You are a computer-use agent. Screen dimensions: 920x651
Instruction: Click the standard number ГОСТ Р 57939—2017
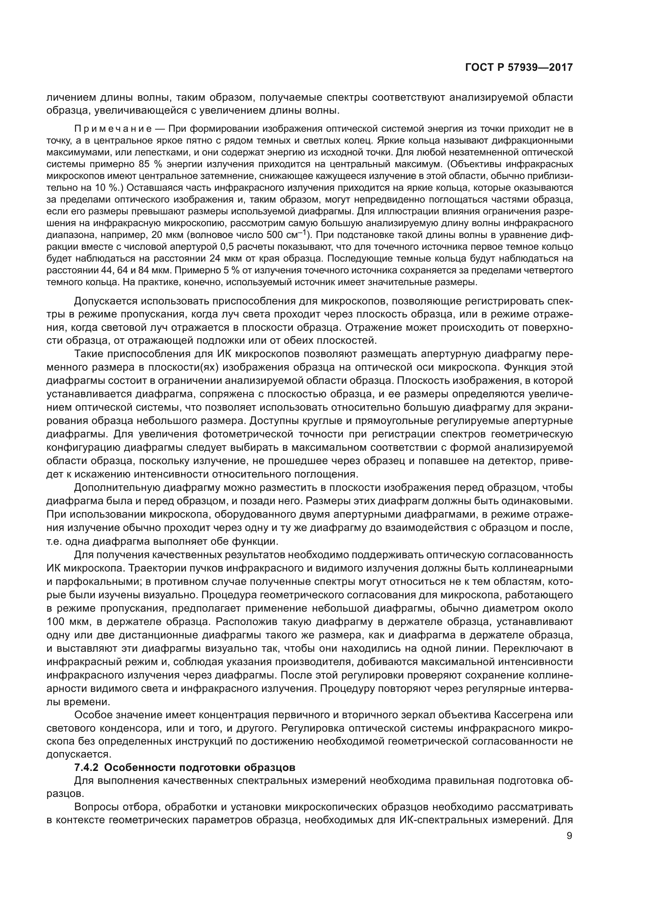point(519,68)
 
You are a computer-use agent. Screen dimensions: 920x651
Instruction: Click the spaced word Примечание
point(113,129)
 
